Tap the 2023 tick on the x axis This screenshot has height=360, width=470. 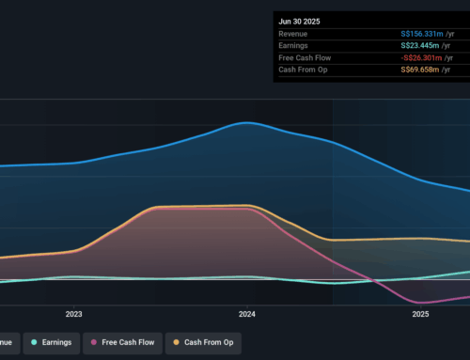point(74,315)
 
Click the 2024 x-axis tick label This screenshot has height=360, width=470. point(247,315)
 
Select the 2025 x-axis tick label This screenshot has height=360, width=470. point(420,315)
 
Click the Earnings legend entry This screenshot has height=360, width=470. point(54,342)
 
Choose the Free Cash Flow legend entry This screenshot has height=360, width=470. point(128,342)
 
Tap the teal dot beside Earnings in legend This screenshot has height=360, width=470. point(35,342)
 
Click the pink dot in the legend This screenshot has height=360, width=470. point(94,342)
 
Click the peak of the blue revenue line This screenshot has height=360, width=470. point(246,122)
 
